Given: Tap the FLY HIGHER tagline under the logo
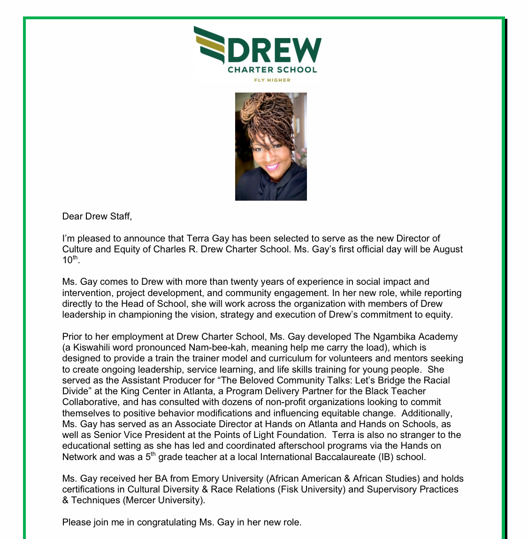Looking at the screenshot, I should (x=272, y=80).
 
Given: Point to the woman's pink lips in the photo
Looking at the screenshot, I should (x=272, y=166).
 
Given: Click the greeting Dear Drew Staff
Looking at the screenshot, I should (x=97, y=217).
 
